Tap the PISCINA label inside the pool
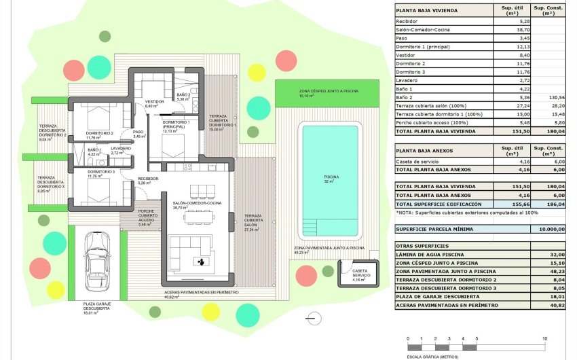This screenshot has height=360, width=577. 331,179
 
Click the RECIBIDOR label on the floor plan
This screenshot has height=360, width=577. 148,179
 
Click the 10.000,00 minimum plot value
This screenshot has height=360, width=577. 551,230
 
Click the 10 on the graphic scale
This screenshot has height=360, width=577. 545,338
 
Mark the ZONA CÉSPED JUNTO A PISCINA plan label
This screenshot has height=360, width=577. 329,92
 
